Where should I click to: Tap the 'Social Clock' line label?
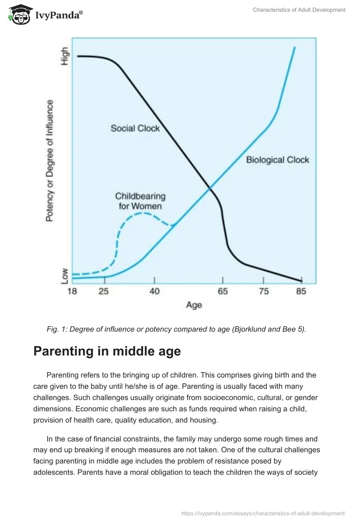(x=135, y=128)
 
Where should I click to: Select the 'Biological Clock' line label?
(x=278, y=160)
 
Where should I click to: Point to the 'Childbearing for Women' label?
(x=140, y=201)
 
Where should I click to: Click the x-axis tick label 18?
(x=72, y=291)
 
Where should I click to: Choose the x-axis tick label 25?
(x=103, y=291)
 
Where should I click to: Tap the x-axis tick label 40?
(x=154, y=291)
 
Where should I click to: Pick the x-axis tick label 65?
(x=223, y=291)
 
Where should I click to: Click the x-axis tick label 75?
(x=264, y=291)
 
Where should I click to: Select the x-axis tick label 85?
(x=301, y=291)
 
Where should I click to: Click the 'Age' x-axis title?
(x=194, y=305)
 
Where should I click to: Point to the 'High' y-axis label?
(x=65, y=56)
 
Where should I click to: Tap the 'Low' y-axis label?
(x=65, y=275)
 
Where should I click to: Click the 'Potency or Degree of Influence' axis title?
(x=50, y=160)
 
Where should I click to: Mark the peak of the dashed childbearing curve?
(x=142, y=212)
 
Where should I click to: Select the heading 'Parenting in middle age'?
(x=107, y=351)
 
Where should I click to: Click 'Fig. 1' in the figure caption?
(x=56, y=329)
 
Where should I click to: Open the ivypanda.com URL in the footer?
(x=263, y=513)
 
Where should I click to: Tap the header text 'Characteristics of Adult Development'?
(x=299, y=10)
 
